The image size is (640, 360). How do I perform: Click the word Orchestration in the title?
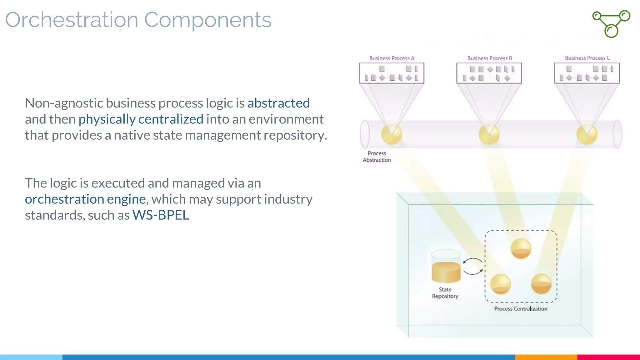72,20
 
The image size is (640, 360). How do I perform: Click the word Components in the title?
207,20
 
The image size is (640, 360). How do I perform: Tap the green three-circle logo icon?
611,24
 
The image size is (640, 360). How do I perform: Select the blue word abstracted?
278,103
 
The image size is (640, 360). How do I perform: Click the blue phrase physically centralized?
141,119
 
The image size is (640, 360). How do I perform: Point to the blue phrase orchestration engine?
85,199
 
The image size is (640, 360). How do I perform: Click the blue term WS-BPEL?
161,215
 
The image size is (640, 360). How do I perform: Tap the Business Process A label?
392,58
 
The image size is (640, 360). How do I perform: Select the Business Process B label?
489,58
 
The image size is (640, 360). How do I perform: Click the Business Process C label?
587,58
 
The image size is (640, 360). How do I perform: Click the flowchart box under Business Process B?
489,73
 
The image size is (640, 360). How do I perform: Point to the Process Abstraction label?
377,157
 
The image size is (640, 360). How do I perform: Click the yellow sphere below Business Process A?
391,134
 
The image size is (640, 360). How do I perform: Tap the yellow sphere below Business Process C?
587,134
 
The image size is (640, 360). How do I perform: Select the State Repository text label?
445,293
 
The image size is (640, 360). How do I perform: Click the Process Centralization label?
521,309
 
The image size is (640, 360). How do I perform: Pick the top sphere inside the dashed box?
521,248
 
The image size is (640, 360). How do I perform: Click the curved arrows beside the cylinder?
472,266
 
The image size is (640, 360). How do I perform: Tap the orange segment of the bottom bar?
546,357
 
